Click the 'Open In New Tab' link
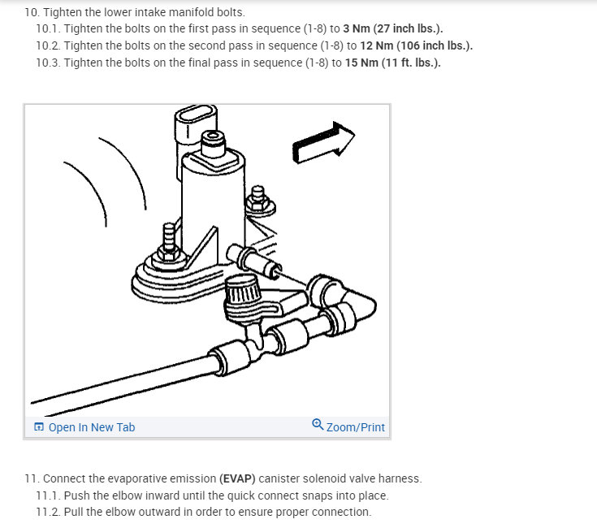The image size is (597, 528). (x=91, y=427)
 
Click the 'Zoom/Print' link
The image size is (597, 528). (x=355, y=427)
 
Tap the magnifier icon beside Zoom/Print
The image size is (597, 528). (x=318, y=425)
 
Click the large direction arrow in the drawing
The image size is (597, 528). (x=323, y=143)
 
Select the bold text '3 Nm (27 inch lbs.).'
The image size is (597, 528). (x=393, y=28)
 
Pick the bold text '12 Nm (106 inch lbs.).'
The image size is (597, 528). (x=417, y=45)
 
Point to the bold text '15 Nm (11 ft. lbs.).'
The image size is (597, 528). (x=393, y=63)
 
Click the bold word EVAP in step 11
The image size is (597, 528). (x=237, y=478)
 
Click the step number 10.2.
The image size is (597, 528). (x=48, y=45)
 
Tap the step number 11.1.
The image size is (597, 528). (x=48, y=496)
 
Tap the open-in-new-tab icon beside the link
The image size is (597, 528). (x=39, y=426)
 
